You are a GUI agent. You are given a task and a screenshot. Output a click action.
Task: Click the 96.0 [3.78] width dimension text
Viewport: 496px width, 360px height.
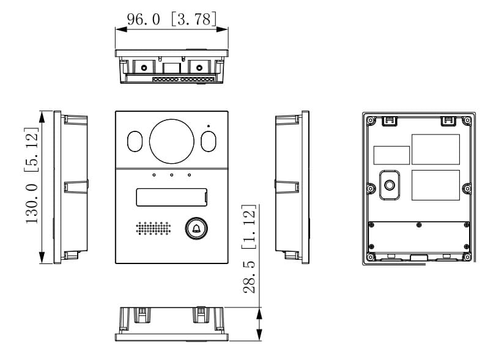(x=172, y=19)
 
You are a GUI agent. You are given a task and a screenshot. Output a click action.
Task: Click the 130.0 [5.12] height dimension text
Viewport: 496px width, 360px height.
(x=32, y=175)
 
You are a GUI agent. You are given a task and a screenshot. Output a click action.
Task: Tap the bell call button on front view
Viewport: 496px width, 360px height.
(x=196, y=229)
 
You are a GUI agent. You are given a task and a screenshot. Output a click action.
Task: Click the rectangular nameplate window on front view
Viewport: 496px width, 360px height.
(x=171, y=197)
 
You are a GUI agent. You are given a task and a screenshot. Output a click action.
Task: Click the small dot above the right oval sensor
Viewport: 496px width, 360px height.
(x=209, y=127)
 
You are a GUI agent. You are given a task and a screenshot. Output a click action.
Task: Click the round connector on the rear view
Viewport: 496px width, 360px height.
(x=390, y=184)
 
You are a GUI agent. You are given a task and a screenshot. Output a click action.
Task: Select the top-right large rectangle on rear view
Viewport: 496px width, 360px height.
(x=435, y=149)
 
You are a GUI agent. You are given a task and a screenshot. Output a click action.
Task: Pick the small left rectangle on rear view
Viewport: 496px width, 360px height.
(x=391, y=155)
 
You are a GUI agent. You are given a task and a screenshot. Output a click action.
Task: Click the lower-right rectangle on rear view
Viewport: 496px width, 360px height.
(x=435, y=185)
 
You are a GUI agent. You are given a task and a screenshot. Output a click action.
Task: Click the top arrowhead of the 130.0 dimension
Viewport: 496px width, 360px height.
(x=42, y=116)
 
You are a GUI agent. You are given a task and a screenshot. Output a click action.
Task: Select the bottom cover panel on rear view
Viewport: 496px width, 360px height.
(x=419, y=238)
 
